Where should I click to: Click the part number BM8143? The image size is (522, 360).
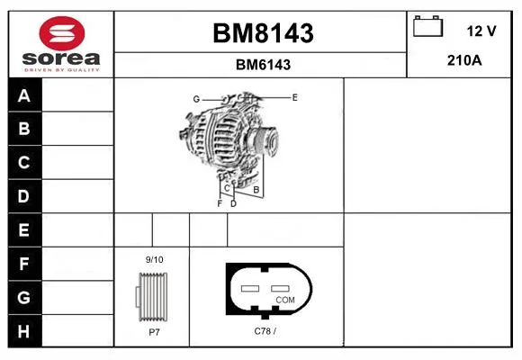[263, 33]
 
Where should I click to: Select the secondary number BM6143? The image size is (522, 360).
[263, 65]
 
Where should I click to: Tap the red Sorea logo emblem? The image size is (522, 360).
[62, 33]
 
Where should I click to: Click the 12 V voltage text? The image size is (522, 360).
[481, 31]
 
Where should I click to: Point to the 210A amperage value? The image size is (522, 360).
[464, 60]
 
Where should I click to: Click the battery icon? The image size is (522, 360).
[427, 26]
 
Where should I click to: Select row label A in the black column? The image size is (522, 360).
[24, 96]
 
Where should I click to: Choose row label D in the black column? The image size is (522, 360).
[23, 196]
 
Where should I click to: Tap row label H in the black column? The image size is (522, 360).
[23, 331]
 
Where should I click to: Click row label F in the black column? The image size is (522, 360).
[23, 264]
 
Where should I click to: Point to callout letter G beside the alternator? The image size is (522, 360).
[196, 99]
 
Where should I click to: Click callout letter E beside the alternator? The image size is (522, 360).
[294, 97]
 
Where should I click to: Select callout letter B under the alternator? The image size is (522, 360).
[256, 190]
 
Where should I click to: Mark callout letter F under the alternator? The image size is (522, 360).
[220, 203]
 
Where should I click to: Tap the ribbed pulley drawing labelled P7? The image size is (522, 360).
[152, 297]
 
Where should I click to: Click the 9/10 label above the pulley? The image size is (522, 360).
[155, 260]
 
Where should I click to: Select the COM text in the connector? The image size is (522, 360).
[285, 300]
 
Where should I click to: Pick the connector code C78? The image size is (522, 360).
[262, 331]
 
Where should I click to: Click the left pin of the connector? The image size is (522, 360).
[250, 288]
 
